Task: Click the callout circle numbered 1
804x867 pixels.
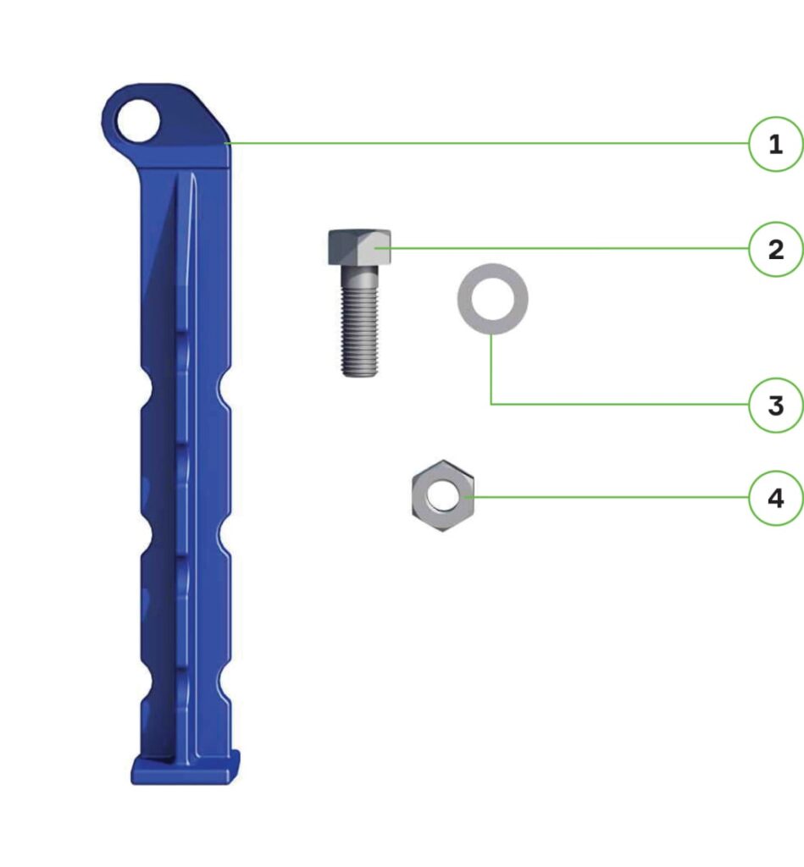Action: click(x=775, y=145)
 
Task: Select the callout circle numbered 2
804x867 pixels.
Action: click(x=775, y=250)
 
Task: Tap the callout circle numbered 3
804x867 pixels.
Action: click(x=775, y=406)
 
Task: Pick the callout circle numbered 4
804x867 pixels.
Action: click(x=775, y=498)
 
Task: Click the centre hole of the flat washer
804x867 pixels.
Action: click(x=493, y=298)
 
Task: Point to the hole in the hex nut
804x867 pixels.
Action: click(x=442, y=495)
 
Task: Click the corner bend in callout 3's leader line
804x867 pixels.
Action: click(x=491, y=404)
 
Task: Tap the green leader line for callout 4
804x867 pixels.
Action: click(x=610, y=497)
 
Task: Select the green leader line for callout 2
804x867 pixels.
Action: click(x=568, y=248)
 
